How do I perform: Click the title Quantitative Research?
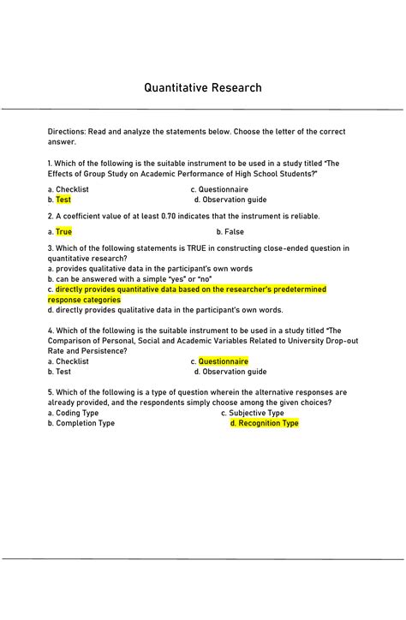[203, 88]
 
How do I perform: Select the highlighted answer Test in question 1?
[63, 200]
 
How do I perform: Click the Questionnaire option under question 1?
[224, 189]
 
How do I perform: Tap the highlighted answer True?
[64, 231]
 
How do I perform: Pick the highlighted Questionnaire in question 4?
[224, 361]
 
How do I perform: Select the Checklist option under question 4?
[72, 361]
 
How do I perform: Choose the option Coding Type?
[77, 413]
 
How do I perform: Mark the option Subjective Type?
[257, 413]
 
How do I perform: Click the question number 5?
[51, 391]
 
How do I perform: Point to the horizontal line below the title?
[203, 109]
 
